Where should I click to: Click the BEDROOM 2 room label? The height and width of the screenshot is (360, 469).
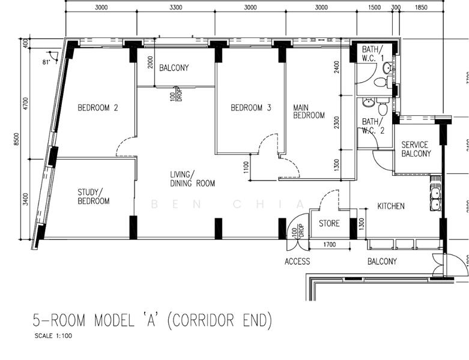click(97, 108)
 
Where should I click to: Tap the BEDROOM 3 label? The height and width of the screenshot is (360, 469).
click(251, 108)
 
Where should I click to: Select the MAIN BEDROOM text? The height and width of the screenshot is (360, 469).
click(309, 112)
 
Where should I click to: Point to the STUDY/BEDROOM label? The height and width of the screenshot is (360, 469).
click(93, 197)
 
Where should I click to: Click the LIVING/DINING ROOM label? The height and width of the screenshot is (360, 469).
click(192, 179)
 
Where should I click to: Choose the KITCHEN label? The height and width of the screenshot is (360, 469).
click(390, 206)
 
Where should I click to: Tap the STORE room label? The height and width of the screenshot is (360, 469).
click(329, 224)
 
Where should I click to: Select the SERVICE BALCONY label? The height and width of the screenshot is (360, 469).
click(416, 149)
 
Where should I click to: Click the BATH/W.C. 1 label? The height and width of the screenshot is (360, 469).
click(368, 53)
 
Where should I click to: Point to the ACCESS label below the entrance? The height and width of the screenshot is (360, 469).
click(297, 262)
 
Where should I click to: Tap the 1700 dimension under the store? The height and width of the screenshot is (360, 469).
click(329, 245)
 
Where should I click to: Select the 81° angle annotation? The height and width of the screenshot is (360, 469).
click(46, 62)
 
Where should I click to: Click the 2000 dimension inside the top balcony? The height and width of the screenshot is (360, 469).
click(151, 64)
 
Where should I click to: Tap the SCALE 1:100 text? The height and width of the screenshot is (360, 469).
click(53, 336)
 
